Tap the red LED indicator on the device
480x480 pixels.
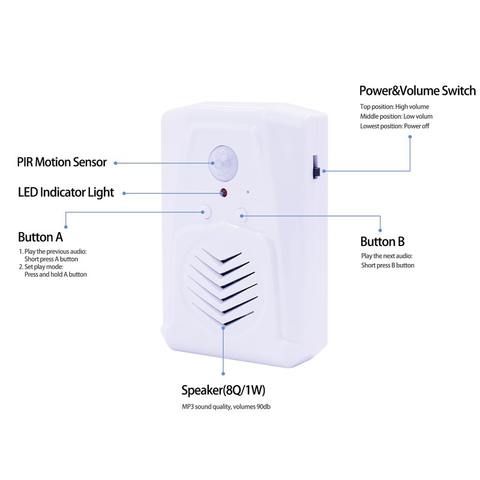(x=223, y=193)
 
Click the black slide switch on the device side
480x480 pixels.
(x=314, y=166)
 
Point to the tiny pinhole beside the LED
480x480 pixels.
(x=247, y=193)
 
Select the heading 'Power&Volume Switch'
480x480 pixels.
(x=417, y=91)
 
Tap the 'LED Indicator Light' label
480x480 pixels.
(x=66, y=193)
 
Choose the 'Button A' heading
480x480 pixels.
(x=41, y=236)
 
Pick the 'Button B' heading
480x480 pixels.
(x=382, y=242)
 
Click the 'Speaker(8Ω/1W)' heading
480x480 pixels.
(x=223, y=391)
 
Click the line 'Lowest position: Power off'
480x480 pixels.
(x=394, y=126)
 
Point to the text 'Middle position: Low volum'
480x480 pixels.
(x=396, y=116)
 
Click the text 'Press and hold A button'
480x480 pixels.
(x=55, y=274)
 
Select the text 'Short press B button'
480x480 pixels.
(x=388, y=265)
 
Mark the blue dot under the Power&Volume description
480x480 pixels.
(x=410, y=137)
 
